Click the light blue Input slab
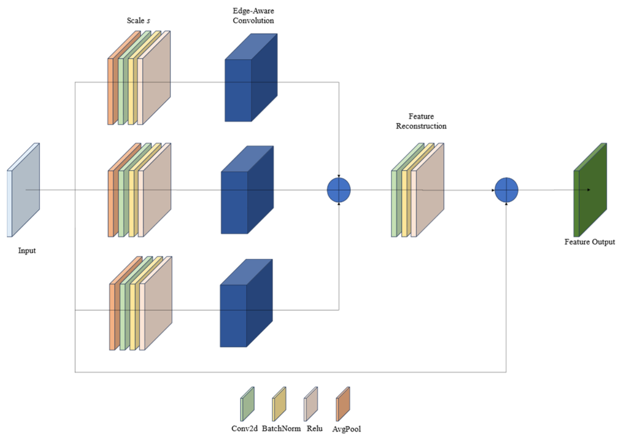(23, 190)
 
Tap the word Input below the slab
(27, 251)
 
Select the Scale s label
(139, 21)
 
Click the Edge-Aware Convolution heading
(253, 16)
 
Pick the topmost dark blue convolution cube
(251, 78)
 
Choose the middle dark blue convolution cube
(247, 190)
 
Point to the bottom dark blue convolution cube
(246, 303)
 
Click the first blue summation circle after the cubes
(339, 190)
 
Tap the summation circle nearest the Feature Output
(507, 190)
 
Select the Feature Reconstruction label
(421, 121)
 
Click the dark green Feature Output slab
(590, 190)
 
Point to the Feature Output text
(590, 242)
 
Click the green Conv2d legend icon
(247, 404)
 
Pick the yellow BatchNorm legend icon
(279, 404)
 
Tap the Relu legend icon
(311, 404)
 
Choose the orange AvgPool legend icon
(343, 404)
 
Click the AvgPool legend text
(346, 429)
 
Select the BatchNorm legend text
(281, 428)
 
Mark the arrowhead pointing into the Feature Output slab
(588, 190)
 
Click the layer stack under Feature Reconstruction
(418, 190)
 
